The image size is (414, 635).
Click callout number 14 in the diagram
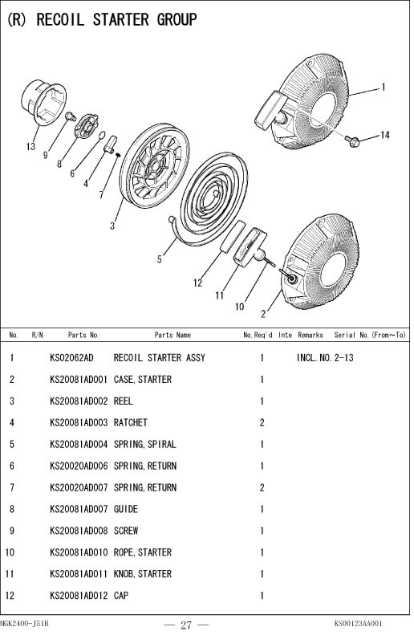click(x=384, y=135)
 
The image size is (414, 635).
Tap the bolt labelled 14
click(x=352, y=140)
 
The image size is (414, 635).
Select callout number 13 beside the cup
click(x=30, y=146)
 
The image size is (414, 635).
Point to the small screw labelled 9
click(x=71, y=116)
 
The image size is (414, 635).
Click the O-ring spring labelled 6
click(x=102, y=134)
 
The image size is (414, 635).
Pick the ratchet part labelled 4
click(x=110, y=145)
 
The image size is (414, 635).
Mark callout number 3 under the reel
click(x=112, y=226)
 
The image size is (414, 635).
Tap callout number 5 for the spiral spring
click(x=160, y=258)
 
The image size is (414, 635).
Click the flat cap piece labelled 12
click(x=233, y=236)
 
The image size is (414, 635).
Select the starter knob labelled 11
click(x=250, y=246)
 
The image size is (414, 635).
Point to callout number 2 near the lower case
click(x=263, y=314)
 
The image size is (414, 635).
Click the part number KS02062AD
click(x=71, y=358)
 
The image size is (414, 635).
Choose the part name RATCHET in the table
click(x=130, y=423)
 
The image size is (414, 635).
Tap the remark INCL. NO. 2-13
click(x=325, y=358)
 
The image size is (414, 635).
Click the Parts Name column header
click(x=172, y=335)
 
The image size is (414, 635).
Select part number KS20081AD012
click(x=79, y=596)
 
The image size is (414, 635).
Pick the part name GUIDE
click(x=126, y=509)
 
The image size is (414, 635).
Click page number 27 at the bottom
click(x=186, y=625)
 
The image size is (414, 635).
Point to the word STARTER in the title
click(x=120, y=19)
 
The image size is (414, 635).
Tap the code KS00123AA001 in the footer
click(x=359, y=623)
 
